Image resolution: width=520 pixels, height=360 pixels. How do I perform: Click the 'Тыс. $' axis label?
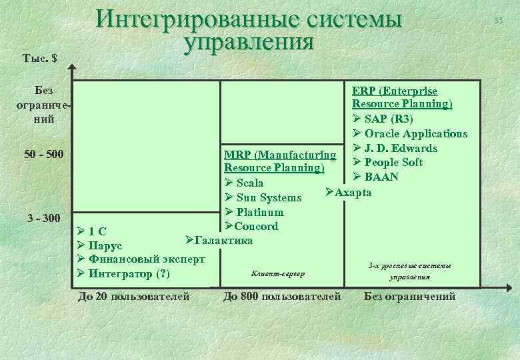39,58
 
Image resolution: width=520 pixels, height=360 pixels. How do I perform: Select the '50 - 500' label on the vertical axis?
43,155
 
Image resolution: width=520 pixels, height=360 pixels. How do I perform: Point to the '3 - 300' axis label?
43,218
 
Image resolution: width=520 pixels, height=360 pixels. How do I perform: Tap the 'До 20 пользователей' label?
134,296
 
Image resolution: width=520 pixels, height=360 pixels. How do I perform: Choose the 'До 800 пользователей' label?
283,296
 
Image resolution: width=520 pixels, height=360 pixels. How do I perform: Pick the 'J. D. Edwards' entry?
401,148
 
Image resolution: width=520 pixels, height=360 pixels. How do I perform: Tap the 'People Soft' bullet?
393,162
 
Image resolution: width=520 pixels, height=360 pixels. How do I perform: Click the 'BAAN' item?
381,177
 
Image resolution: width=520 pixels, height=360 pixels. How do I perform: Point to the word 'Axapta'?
353,193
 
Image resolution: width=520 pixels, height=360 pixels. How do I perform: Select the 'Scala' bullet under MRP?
250,183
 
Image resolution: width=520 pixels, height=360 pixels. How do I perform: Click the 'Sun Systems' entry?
269,197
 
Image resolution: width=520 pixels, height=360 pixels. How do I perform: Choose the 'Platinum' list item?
259,212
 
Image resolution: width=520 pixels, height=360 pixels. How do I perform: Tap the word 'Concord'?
257,226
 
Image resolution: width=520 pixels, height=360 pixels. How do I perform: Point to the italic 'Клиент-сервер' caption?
277,273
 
